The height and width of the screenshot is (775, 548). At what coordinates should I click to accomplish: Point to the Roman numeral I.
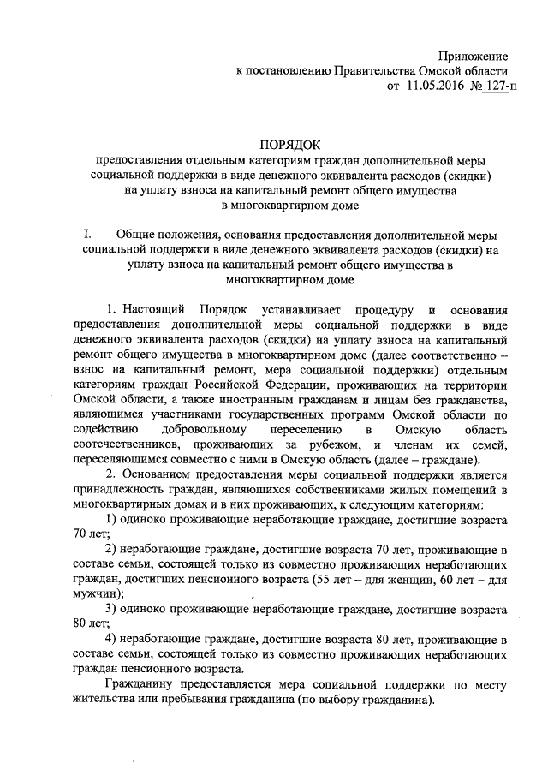[x=86, y=235]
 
